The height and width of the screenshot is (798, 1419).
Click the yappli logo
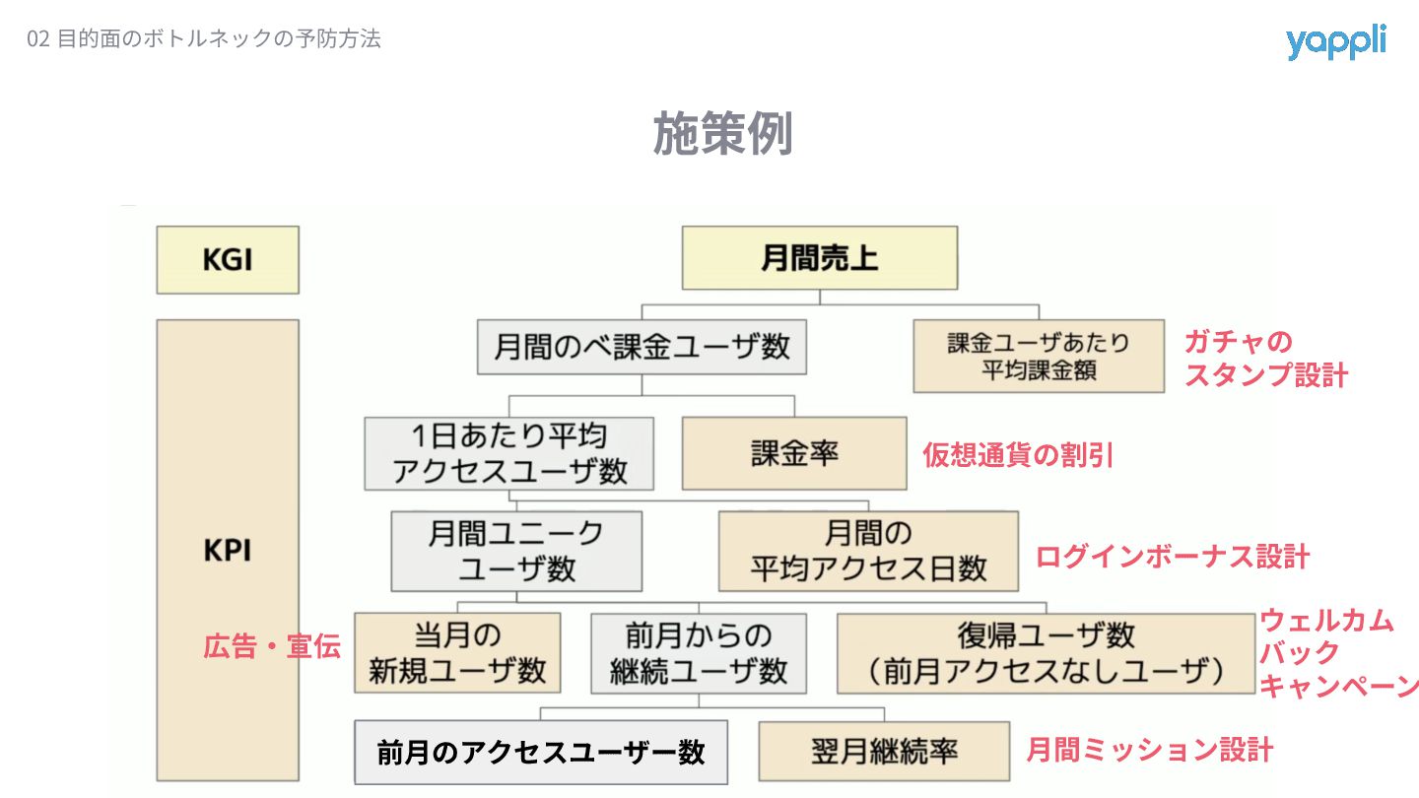pos(1335,41)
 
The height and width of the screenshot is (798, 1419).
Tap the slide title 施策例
pos(722,133)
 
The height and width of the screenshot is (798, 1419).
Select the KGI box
pos(228,260)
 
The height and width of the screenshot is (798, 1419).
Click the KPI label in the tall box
pos(228,550)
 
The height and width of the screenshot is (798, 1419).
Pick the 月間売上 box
pos(820,258)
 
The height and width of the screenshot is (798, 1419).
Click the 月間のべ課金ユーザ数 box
pos(642,347)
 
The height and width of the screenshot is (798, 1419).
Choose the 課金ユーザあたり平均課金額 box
pos(1039,356)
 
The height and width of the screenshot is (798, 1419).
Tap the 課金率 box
pos(794,453)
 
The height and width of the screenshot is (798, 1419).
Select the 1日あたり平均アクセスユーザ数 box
pos(509,453)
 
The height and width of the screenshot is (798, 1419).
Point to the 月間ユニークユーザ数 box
pos(516,551)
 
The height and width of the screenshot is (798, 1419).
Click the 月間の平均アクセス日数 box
pos(868,551)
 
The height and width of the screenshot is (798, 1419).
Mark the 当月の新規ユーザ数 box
pos(457,652)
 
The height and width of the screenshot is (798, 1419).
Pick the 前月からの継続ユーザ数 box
pos(699,652)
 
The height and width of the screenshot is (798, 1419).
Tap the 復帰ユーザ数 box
pos(1046,652)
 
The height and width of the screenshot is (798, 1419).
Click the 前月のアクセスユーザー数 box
pos(541,753)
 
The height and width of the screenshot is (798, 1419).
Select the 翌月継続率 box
pos(884,752)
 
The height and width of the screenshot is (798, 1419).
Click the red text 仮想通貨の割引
pos(1018,454)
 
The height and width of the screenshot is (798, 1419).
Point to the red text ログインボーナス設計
pos(1172,557)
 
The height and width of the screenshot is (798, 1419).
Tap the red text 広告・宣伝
pos(272,647)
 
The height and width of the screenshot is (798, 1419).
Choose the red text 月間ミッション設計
pos(1150,750)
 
